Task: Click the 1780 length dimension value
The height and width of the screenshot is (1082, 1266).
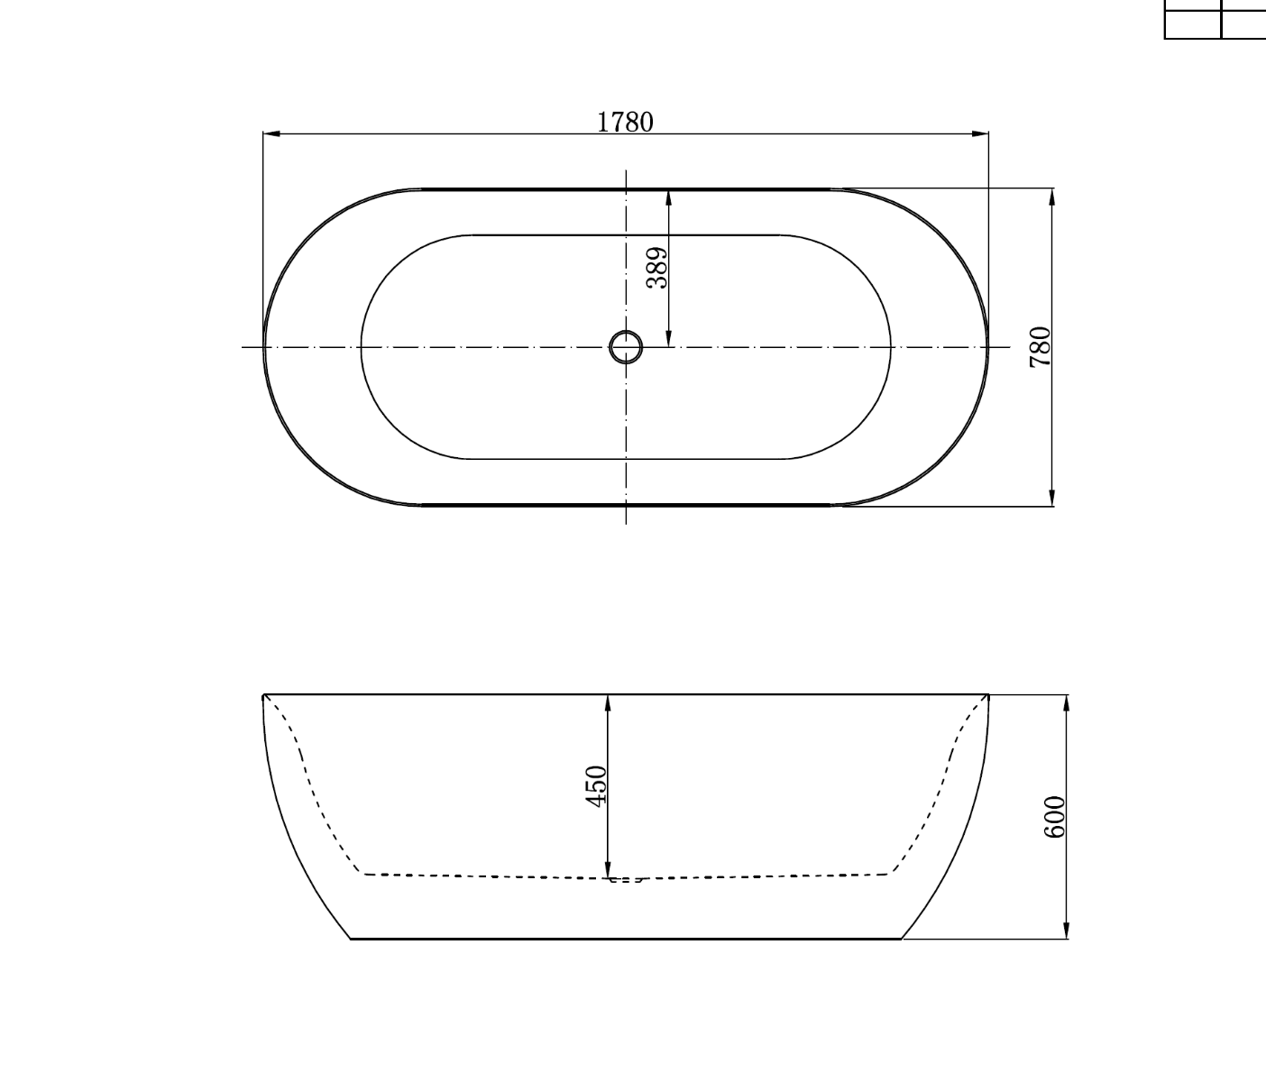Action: (625, 122)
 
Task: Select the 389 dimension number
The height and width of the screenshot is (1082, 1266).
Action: (656, 268)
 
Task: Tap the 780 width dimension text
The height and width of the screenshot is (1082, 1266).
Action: (1040, 346)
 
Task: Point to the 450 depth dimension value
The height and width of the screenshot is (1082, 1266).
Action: (596, 786)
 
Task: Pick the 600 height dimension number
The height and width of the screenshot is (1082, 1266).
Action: (1054, 816)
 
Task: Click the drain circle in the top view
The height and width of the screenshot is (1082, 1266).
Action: (626, 347)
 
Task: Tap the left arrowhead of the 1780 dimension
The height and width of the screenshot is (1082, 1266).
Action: (272, 133)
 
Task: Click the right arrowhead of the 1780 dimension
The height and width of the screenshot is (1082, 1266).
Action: (980, 133)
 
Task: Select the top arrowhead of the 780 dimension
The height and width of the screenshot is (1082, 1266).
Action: (1052, 197)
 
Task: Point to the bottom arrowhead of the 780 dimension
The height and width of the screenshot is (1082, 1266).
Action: (1052, 498)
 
